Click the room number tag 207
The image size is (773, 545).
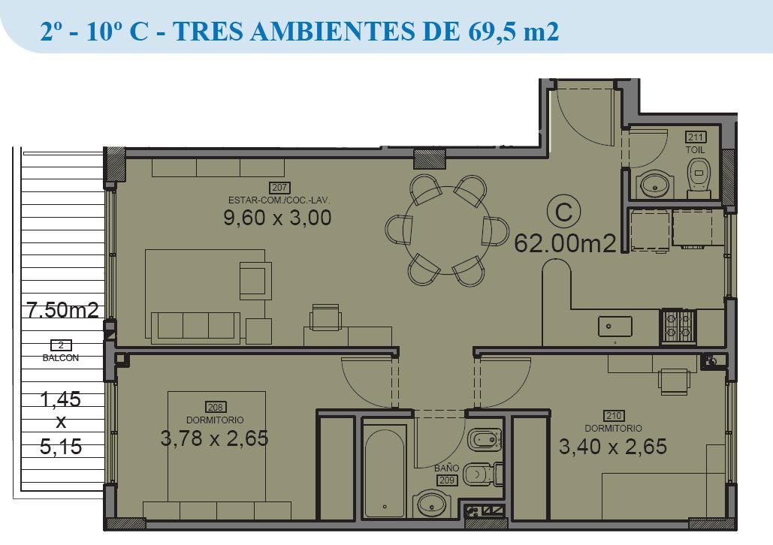point(279,188)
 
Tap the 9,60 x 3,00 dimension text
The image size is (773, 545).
point(277,217)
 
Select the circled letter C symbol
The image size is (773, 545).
point(563,212)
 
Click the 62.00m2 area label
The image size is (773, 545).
point(565,243)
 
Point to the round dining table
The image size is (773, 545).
point(447,230)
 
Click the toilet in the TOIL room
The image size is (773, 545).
point(699,177)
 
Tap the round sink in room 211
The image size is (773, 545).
point(655,185)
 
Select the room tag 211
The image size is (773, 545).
point(695,137)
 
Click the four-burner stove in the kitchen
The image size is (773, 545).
point(678,326)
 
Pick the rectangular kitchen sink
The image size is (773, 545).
point(614,327)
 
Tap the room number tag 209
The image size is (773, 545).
point(447,480)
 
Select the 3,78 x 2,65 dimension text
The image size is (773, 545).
point(214,438)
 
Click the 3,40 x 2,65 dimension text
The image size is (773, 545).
point(613,447)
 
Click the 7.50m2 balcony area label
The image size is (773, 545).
point(62,311)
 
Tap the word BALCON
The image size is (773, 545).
point(61,358)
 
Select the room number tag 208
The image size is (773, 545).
point(216,407)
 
